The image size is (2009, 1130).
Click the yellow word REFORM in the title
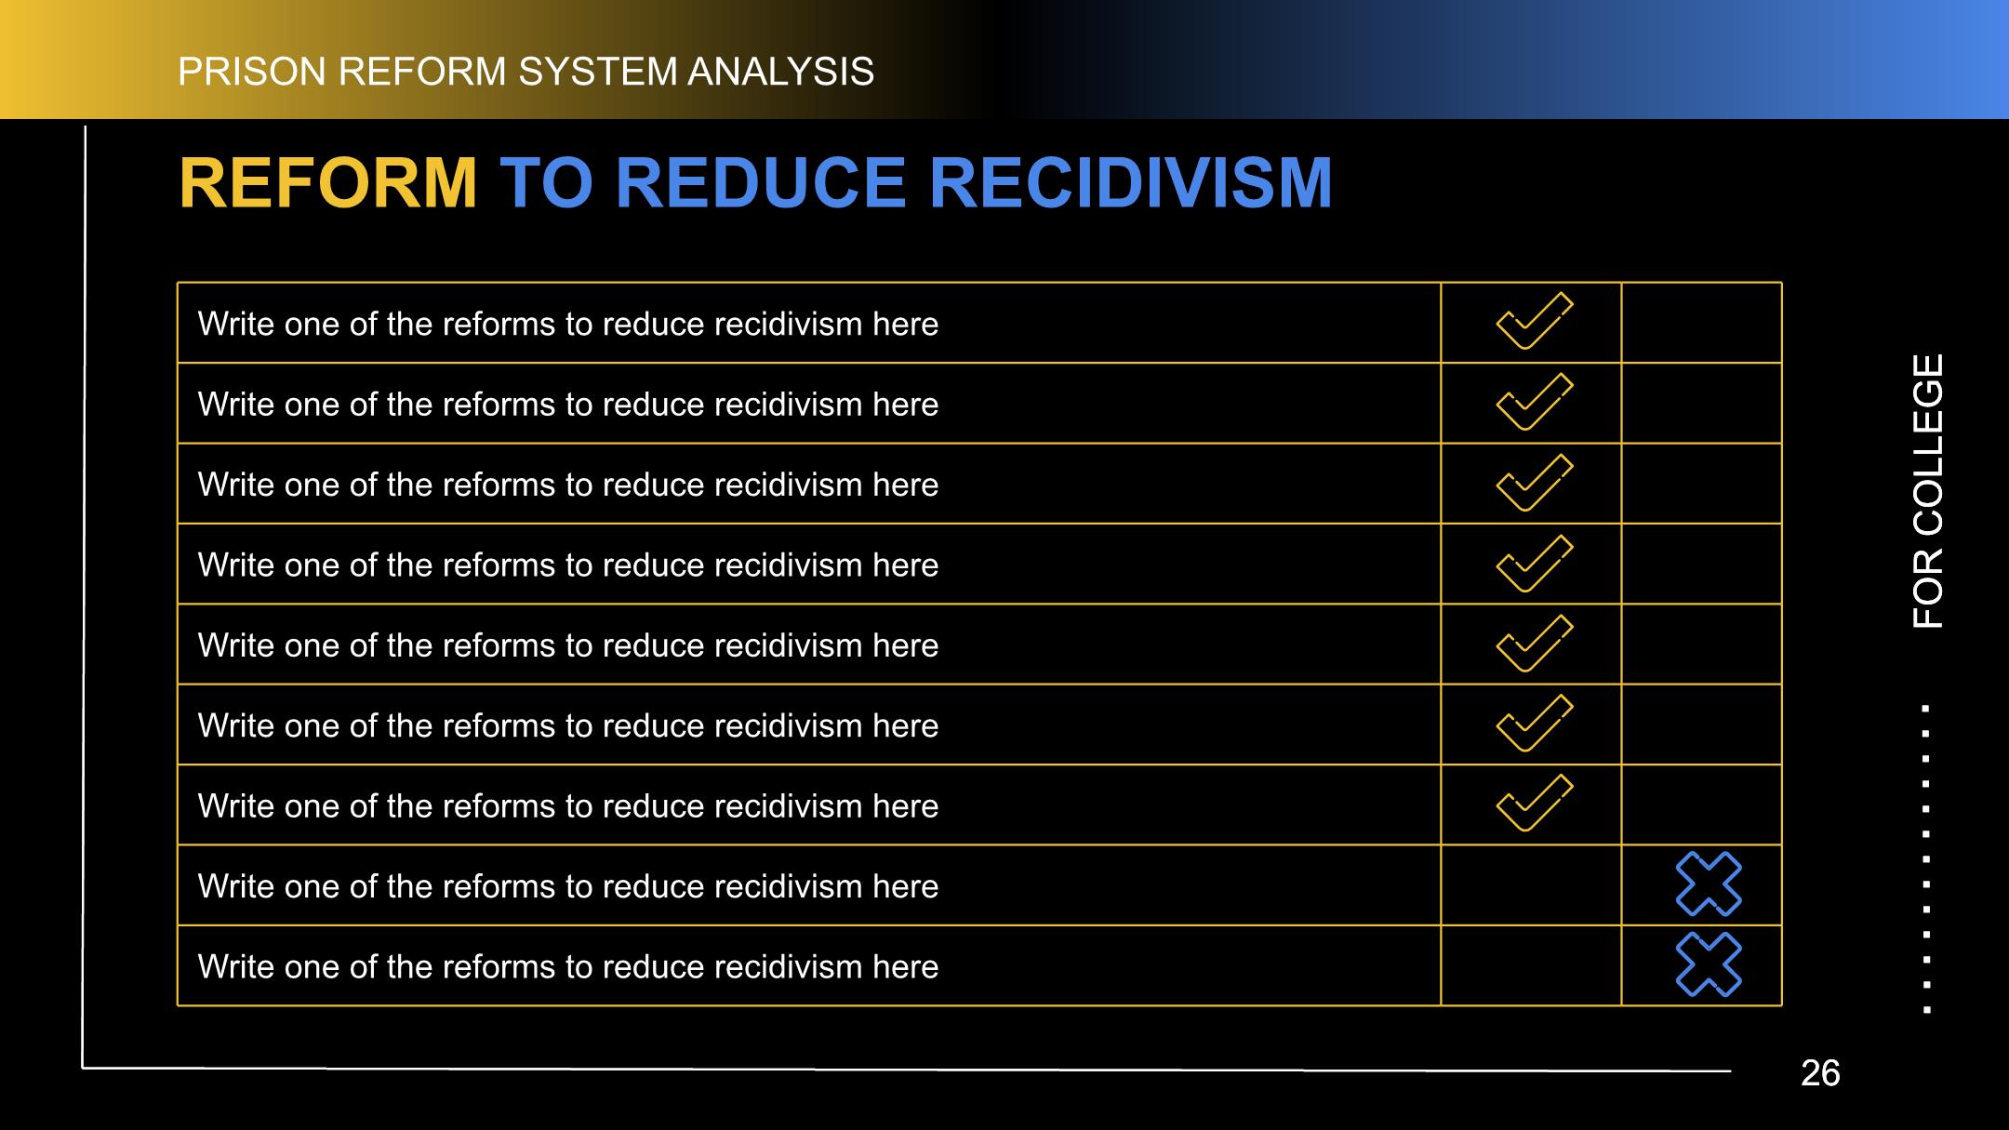coord(328,183)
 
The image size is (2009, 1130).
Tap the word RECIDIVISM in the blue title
coord(1131,183)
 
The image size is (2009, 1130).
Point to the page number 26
coord(1820,1073)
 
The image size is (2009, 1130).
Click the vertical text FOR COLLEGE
coord(1928,491)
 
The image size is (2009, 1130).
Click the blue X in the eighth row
coord(1709,884)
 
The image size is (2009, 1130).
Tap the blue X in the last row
coord(1709,964)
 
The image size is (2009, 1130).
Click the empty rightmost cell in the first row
coord(1701,323)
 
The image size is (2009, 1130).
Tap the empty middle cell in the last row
coord(1531,965)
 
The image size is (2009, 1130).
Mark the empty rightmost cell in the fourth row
coord(1701,564)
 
